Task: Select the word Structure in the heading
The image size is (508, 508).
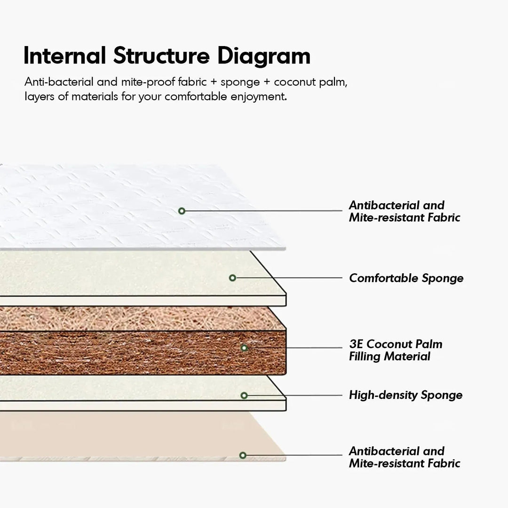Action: click(161, 56)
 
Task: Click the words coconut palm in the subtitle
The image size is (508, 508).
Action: click(310, 82)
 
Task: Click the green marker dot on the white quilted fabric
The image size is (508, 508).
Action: click(182, 211)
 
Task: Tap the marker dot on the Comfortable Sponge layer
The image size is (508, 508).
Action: click(232, 278)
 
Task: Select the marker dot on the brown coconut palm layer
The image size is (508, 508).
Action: click(244, 348)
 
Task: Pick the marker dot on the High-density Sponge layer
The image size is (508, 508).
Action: click(244, 396)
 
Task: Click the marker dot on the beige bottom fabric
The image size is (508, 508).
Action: click(243, 455)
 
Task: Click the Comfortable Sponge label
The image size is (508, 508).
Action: click(406, 278)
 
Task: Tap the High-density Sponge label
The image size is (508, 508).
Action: click(405, 395)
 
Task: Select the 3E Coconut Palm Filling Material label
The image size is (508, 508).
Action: click(395, 350)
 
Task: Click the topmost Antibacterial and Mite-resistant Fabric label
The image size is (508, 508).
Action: click(404, 211)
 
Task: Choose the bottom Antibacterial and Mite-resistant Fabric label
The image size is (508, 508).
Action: click(404, 457)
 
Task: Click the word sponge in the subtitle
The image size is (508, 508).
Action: click(240, 82)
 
